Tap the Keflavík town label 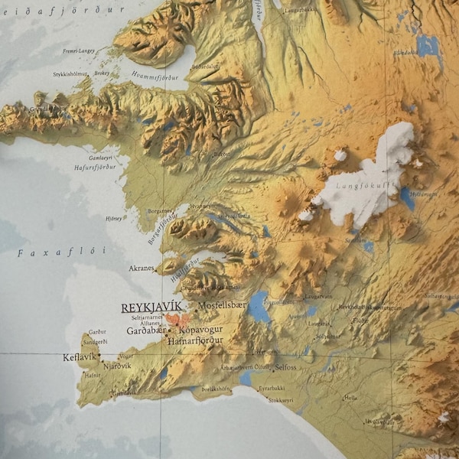click(x=80, y=357)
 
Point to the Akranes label click(x=142, y=269)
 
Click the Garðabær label click(x=143, y=331)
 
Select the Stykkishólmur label click(x=69, y=74)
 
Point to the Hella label click(x=351, y=398)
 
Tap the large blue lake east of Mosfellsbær click(x=259, y=307)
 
